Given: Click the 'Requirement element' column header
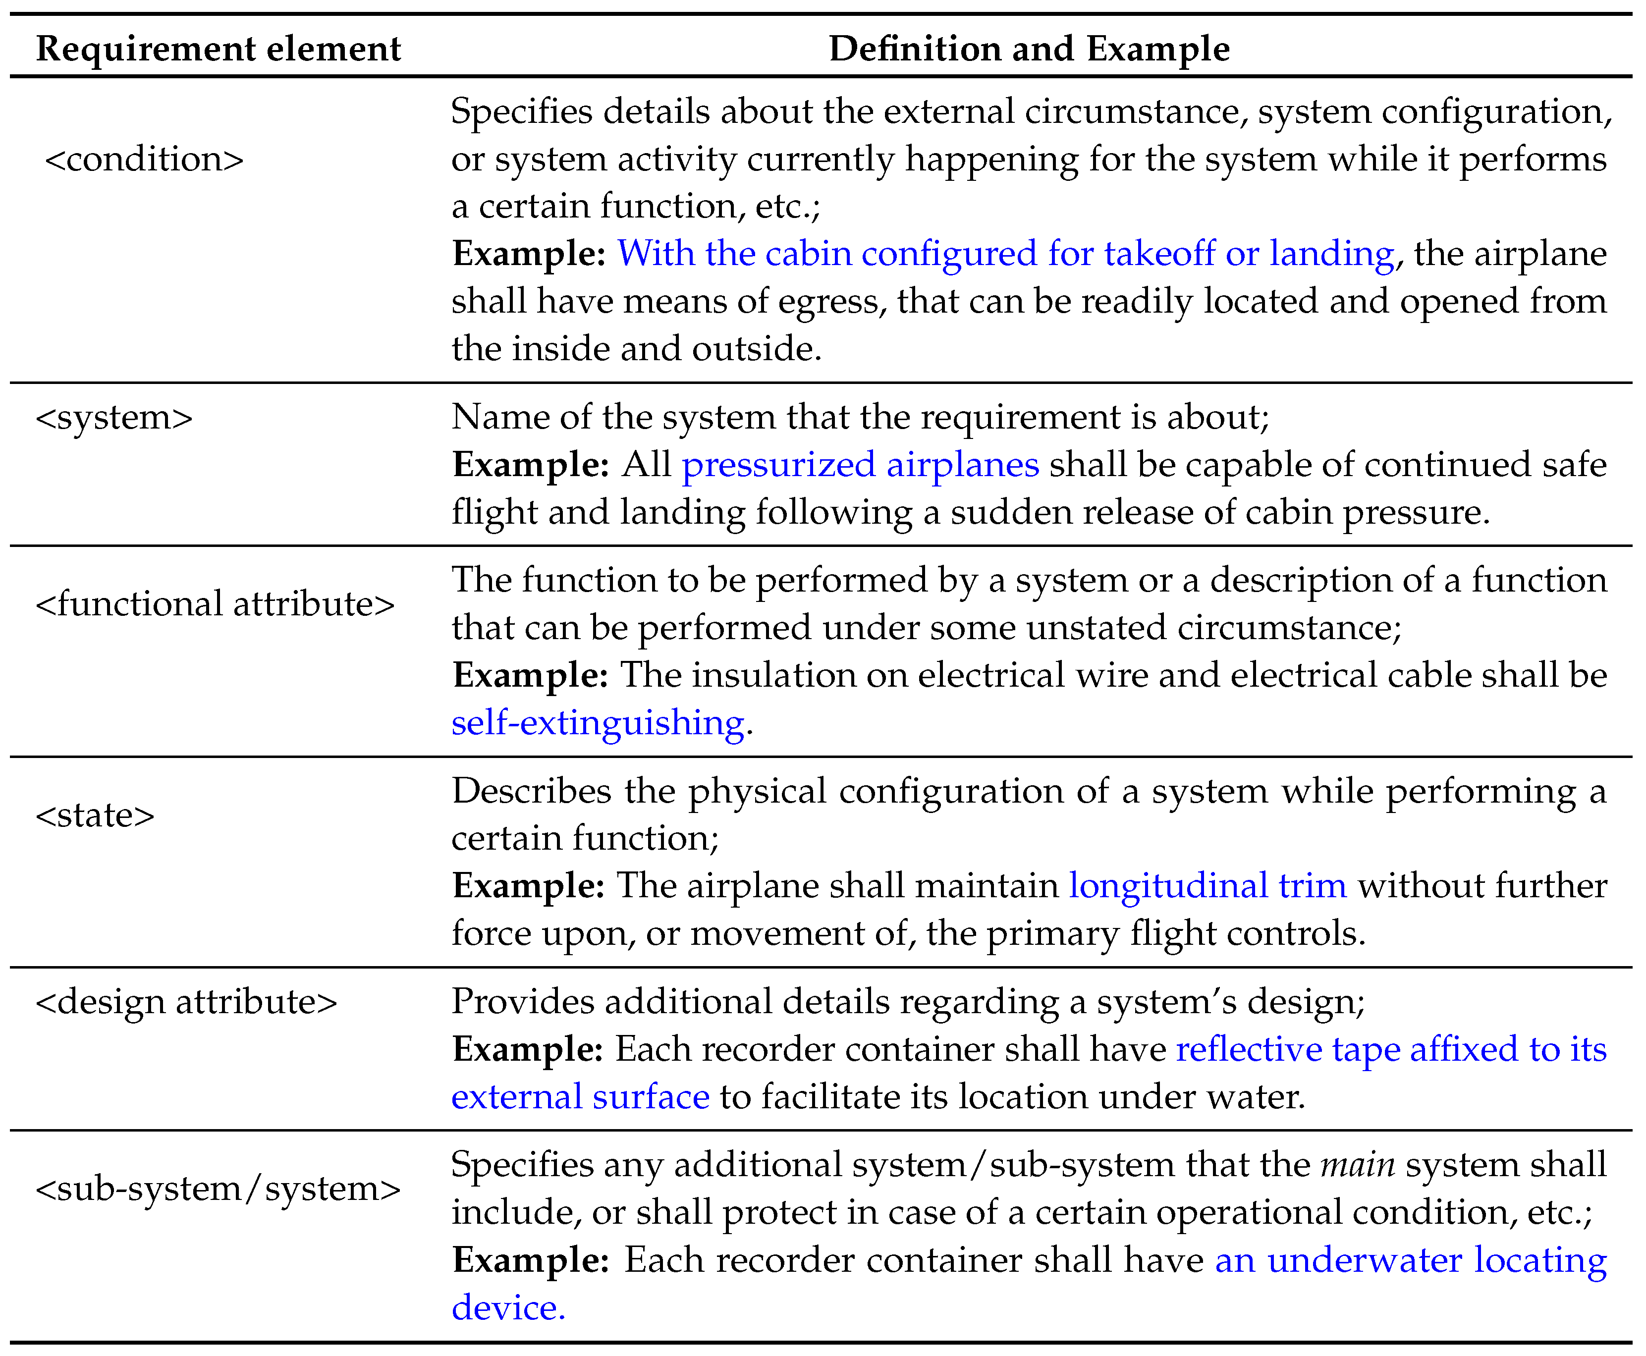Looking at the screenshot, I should pos(218,49).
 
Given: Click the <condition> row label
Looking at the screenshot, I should pos(145,160).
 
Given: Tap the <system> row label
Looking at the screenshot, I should pos(114,417).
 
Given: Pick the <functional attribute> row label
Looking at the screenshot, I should pos(215,604).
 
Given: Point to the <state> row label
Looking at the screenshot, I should pos(95,814).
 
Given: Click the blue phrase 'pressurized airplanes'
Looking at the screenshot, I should pos(860,465).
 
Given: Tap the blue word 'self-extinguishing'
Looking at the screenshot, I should pos(598,722).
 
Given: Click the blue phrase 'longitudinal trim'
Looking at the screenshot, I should pos(1207,886).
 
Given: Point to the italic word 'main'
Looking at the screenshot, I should pos(1358,1165).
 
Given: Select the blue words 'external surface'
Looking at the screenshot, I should pos(580,1097).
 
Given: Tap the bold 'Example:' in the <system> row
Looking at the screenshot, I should pos(531,465).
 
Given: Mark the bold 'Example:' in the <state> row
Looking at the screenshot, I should pos(529,886).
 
